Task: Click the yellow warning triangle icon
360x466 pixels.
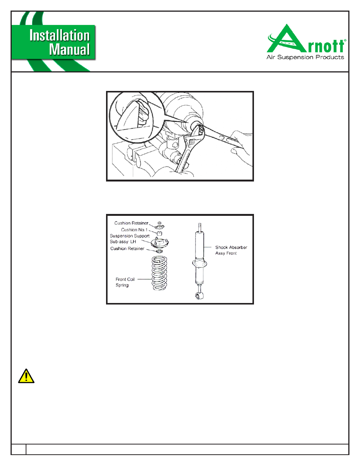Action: pyautogui.click(x=26, y=376)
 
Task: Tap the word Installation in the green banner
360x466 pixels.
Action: pyautogui.click(x=60, y=35)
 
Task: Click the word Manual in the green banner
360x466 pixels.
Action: pyautogui.click(x=69, y=49)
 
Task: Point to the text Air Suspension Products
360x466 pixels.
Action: pyautogui.click(x=305, y=57)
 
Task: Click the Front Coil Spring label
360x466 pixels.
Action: pyautogui.click(x=125, y=282)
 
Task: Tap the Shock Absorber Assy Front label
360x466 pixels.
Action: pyautogui.click(x=231, y=250)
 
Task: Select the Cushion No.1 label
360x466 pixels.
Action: pyautogui.click(x=134, y=230)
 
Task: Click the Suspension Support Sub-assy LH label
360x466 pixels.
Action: pyautogui.click(x=129, y=239)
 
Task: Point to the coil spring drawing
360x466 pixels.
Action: pyautogui.click(x=159, y=273)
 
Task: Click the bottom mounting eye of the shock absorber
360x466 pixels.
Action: pyautogui.click(x=199, y=296)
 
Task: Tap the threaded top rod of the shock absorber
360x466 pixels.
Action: pyautogui.click(x=200, y=227)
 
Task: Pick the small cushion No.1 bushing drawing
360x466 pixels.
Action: pyautogui.click(x=159, y=233)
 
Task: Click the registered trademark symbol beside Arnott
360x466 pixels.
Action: pyautogui.click(x=345, y=40)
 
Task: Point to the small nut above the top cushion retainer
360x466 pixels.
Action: pyautogui.click(x=159, y=223)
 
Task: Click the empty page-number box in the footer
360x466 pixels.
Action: pyautogui.click(x=18, y=449)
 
